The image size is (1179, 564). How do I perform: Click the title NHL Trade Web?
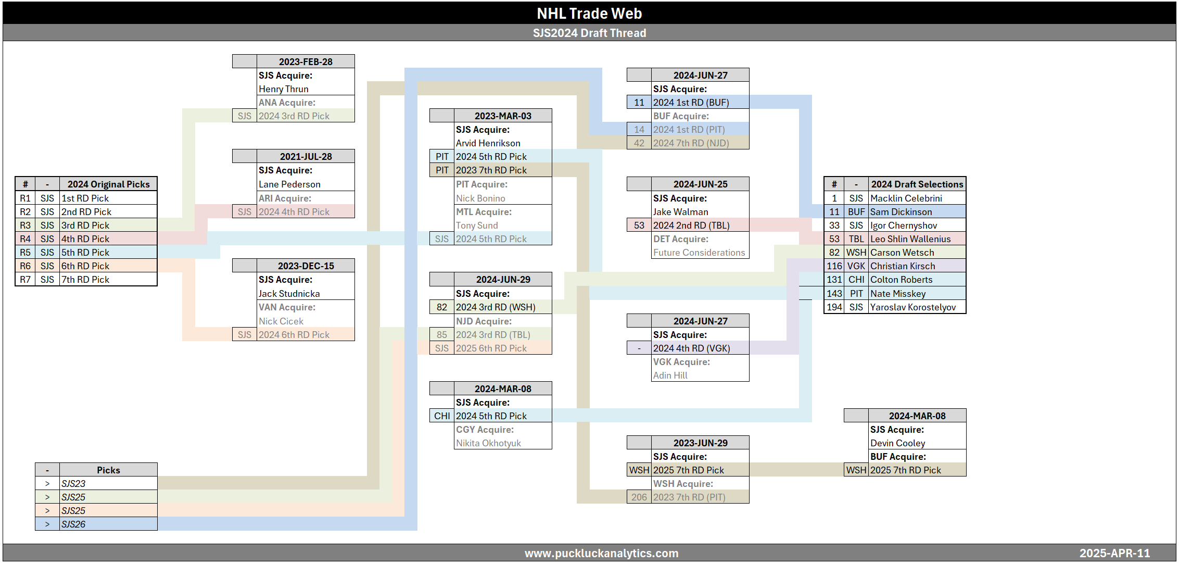coord(589,13)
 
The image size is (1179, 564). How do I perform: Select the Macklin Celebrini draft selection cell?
coord(906,198)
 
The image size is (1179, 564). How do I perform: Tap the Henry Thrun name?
coord(284,89)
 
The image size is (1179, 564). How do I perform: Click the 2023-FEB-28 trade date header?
coord(306,61)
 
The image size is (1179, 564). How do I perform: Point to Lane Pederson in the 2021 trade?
coord(289,184)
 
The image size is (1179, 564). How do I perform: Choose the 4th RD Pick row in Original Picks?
coord(85,239)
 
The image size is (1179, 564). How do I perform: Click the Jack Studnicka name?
coord(289,294)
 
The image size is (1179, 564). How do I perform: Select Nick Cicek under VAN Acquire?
coord(281,321)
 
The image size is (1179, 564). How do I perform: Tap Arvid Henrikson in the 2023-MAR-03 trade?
coord(488,143)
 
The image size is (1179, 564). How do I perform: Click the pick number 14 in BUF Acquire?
coord(639,130)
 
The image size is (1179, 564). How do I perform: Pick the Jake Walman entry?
coord(680,212)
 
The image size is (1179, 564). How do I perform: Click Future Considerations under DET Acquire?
coord(699,253)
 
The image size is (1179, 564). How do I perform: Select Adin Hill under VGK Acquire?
coord(670,375)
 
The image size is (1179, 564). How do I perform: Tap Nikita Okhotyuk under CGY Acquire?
coord(488,443)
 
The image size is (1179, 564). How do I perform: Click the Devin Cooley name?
coord(897,443)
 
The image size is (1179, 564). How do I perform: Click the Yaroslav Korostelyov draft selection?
coord(913,307)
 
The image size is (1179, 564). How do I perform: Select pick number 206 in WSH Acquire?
coord(639,497)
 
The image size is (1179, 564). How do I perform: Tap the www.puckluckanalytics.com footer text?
coord(601,553)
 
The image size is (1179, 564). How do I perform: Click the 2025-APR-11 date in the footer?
coord(1114,553)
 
